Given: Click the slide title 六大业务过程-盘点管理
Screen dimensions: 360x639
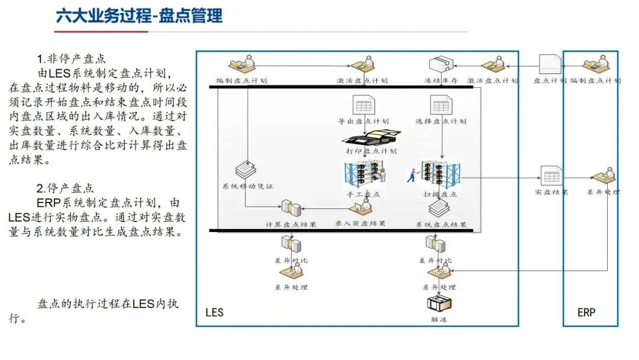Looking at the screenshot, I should [139, 15].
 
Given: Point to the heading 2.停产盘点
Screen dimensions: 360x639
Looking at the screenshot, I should [65, 189].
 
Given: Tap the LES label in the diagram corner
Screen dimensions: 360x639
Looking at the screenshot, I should [214, 312].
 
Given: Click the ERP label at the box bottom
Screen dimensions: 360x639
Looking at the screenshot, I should [586, 312].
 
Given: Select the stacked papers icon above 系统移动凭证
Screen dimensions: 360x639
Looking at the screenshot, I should [246, 170].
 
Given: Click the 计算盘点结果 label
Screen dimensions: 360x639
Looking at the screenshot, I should [291, 224].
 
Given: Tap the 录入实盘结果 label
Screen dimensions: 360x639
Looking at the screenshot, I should [360, 224].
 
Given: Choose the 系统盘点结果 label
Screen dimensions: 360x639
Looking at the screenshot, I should [441, 224].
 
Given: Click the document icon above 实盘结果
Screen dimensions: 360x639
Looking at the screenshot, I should [550, 175].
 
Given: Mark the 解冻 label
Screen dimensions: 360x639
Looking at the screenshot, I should [439, 320].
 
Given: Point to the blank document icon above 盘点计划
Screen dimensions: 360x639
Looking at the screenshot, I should [550, 64].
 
